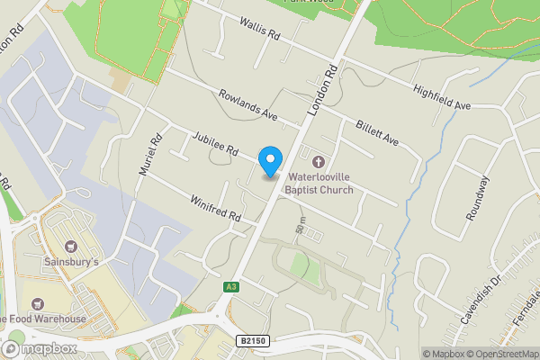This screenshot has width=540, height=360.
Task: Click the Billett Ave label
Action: coord(376,131)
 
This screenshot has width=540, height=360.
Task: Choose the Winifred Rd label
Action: coord(216,208)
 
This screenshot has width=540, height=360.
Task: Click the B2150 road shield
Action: coord(255,341)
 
